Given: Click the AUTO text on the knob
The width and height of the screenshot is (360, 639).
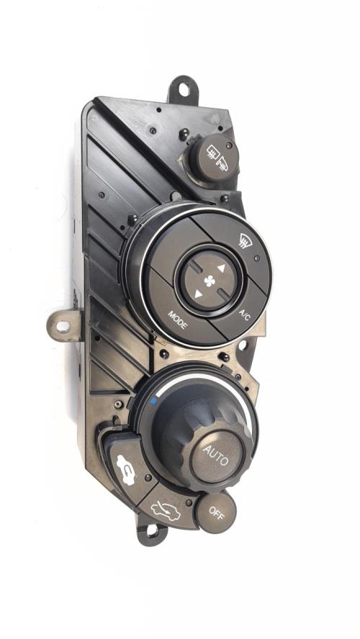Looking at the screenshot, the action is click(x=216, y=455).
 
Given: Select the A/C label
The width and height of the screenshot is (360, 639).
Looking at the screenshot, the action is click(x=244, y=315).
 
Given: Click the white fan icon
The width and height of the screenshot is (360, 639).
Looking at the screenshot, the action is click(x=210, y=281).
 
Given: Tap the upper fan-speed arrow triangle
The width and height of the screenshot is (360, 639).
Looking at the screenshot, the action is click(x=221, y=268).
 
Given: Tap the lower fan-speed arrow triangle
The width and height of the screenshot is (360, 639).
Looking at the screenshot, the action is click(x=198, y=294).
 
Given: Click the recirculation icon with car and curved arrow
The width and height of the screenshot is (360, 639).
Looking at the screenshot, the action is click(x=125, y=470).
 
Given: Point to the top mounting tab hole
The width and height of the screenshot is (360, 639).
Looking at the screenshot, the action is click(x=184, y=89).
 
